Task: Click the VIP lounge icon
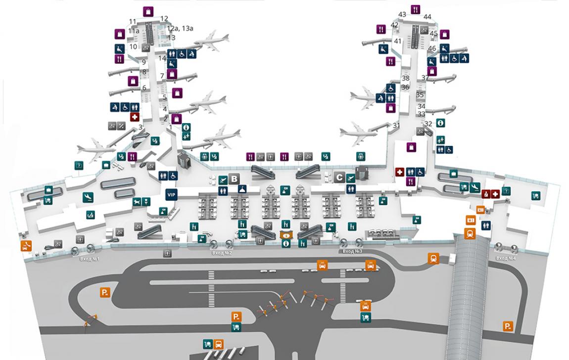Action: pos(171,195)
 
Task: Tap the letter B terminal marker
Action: pos(235,179)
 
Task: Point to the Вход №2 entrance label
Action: pos(222,253)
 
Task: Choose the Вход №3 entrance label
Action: pos(352,251)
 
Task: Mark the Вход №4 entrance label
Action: pos(506,258)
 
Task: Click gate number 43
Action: pos(402,15)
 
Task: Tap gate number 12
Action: pos(164,19)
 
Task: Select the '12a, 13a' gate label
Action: pos(180,29)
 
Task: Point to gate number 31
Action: pos(396,126)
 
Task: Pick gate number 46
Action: pos(432,48)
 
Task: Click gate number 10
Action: pos(133,47)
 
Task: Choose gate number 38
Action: pos(406,78)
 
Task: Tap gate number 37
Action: pos(425,78)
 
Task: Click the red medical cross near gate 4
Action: pos(134,117)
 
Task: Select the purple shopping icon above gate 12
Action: pos(148,11)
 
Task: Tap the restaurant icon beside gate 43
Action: pos(415,9)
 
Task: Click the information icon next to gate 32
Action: pos(439,123)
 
